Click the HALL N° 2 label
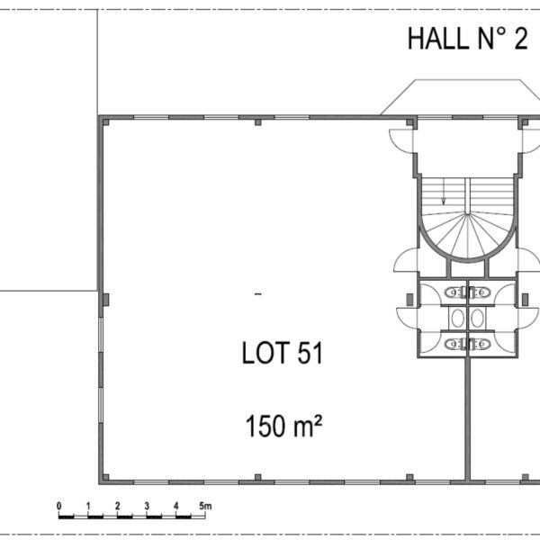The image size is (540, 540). [x=467, y=39]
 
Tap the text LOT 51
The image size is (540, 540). [x=283, y=353]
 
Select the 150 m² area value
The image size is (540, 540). [x=283, y=426]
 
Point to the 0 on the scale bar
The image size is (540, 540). [x=59, y=506]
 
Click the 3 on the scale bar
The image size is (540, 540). [x=147, y=506]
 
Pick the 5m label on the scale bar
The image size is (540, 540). [x=205, y=506]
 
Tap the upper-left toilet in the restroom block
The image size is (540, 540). [x=454, y=292]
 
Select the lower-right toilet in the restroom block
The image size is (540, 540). [x=480, y=344]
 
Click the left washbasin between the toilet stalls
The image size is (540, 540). [x=458, y=318]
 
